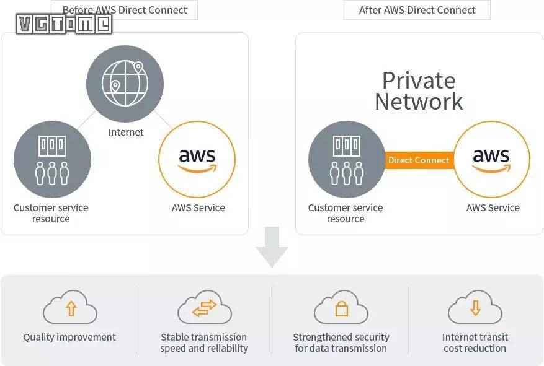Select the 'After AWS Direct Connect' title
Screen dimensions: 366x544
tap(417, 10)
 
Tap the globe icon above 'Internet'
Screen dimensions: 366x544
tap(125, 83)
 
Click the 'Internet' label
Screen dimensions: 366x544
tap(126, 132)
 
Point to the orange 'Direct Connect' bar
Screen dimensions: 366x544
tap(419, 160)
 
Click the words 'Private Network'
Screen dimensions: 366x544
tap(419, 90)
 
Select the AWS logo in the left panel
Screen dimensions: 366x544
tap(197, 159)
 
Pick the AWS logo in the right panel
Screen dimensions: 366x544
tap(492, 159)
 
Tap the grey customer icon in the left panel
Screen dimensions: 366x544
tap(52, 159)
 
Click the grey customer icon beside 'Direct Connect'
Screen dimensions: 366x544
tap(347, 159)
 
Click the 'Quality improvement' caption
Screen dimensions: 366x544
tap(69, 338)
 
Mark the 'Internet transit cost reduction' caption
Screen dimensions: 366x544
tap(475, 342)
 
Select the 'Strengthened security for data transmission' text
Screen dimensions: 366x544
tap(341, 342)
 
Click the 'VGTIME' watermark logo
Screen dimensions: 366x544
tap(65, 24)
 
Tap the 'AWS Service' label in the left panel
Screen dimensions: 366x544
tap(198, 208)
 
